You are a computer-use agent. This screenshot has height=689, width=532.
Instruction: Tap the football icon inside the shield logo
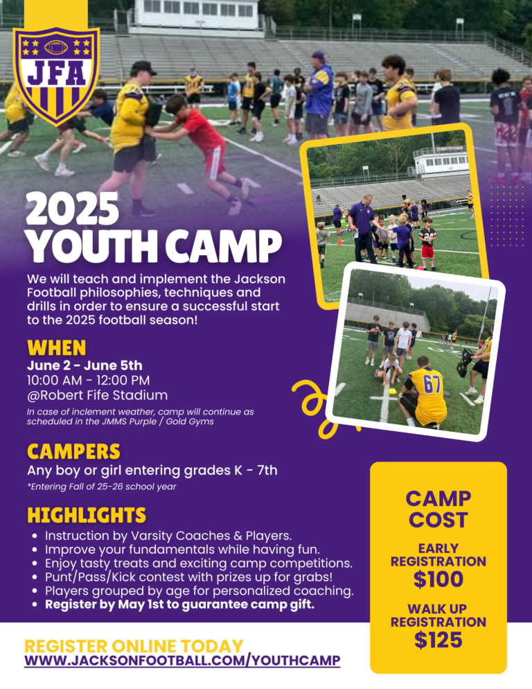click(56, 47)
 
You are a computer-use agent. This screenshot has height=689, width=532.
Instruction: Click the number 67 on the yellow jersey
click(432, 385)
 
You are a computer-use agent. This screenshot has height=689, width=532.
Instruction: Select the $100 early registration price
click(438, 579)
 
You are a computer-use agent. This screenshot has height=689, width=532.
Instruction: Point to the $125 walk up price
click(438, 640)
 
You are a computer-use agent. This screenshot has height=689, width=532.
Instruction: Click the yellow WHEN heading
click(57, 347)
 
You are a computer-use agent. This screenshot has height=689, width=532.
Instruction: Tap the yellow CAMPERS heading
click(74, 451)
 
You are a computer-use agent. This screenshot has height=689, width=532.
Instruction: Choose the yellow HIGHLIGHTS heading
click(87, 515)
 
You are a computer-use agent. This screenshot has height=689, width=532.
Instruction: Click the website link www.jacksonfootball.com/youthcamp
click(182, 660)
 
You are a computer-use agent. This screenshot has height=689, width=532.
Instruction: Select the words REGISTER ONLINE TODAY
click(134, 646)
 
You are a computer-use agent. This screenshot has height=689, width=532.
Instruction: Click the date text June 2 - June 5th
click(85, 365)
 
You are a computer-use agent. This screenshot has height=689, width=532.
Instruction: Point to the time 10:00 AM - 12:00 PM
click(88, 380)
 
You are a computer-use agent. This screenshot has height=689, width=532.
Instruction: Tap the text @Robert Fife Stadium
click(98, 395)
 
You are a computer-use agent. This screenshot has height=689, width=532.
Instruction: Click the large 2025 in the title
click(73, 209)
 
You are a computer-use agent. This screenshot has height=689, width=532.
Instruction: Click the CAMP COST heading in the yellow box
click(438, 509)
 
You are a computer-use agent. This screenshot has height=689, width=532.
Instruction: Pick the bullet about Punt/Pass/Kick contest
click(189, 577)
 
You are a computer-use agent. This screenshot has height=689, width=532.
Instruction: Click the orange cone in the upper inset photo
click(339, 241)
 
